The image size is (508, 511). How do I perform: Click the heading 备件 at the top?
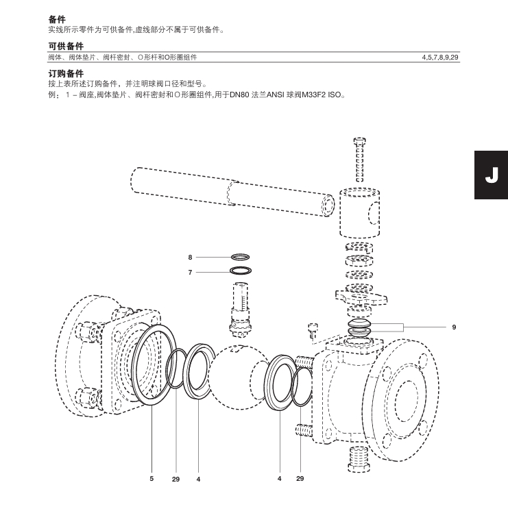pos(57,20)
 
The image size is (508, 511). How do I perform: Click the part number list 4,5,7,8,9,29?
pos(440,58)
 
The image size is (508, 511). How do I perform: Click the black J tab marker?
pos(491,175)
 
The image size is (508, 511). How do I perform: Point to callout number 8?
pos(190,258)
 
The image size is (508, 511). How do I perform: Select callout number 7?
pos(190,272)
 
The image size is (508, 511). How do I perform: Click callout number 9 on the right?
pos(454,327)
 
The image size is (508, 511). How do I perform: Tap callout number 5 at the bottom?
pos(152,478)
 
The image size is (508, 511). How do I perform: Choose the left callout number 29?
pos(176,479)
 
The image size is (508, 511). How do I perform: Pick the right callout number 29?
pos(300,478)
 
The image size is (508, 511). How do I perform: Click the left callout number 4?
pos(198,479)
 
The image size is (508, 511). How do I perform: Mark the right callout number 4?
pos(279,478)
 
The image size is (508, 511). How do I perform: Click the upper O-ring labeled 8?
pos(240,258)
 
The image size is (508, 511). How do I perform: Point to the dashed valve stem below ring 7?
pos(240,308)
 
